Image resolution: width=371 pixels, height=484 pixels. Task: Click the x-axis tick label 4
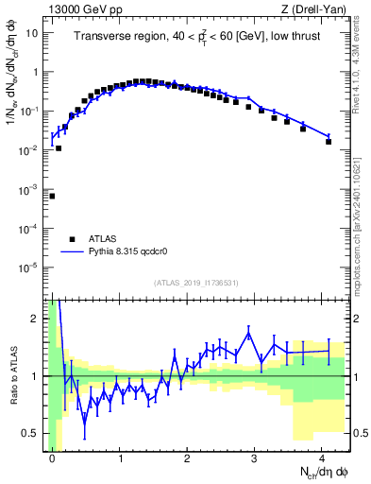[322, 458]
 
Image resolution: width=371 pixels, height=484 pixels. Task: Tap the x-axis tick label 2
[187, 458]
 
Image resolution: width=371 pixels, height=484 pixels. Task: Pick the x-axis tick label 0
[52, 458]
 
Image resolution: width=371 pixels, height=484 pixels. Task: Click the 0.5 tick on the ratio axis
[34, 433]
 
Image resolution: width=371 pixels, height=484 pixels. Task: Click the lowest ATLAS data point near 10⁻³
[52, 196]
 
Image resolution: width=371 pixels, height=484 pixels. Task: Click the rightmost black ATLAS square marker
[329, 142]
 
